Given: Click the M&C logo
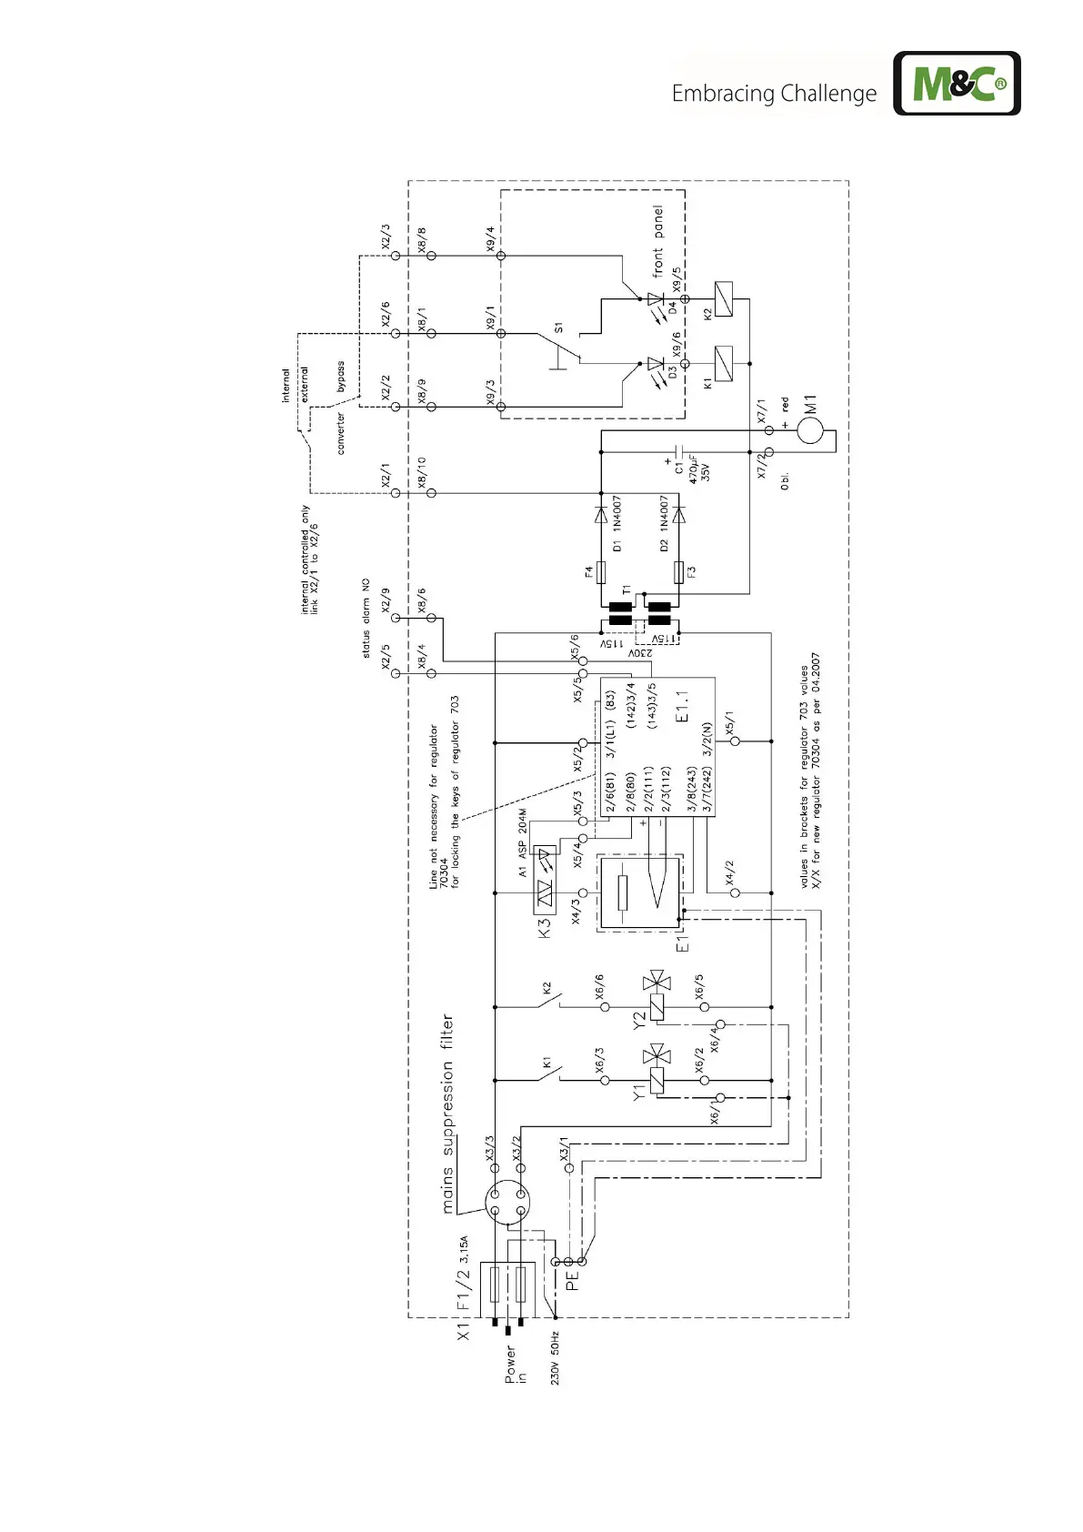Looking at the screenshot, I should click(957, 84).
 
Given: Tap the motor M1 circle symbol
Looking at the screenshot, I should click(810, 429).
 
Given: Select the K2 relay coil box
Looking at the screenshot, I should click(724, 299).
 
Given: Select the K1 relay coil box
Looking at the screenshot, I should click(724, 364).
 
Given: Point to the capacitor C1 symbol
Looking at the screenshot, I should click(677, 451).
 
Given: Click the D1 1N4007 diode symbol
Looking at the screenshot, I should click(600, 514).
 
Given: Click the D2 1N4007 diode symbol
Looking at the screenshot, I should click(677, 515).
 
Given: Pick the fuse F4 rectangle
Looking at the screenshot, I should click(600, 572).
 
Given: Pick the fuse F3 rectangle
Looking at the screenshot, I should click(678, 572).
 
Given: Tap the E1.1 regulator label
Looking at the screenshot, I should click(684, 706).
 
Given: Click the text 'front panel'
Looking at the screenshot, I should click(657, 241).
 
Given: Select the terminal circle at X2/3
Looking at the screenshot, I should click(396, 257).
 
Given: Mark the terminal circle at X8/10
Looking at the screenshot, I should click(431, 493).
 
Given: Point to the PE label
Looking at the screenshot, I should click(572, 1281).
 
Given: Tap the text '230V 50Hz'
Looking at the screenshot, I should click(555, 1358).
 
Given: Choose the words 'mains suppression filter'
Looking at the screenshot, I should click(446, 1114).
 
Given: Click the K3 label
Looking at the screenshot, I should click(545, 928).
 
